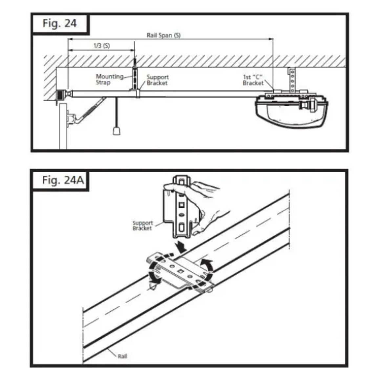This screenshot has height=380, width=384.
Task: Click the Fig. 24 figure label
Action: [x=59, y=23]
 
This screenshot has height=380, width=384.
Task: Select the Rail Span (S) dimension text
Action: [x=163, y=36]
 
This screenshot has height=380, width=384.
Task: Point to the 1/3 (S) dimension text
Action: [x=101, y=46]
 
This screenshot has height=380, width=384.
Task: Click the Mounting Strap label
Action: [x=110, y=80]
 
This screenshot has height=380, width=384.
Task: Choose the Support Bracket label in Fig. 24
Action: [x=158, y=80]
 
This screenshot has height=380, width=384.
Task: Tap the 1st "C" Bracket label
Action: [x=253, y=80]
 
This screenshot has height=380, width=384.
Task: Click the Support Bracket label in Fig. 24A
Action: [x=142, y=226]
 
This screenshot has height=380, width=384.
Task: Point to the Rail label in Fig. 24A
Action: [x=122, y=356]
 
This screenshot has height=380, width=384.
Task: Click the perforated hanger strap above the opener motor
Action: [x=291, y=81]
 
